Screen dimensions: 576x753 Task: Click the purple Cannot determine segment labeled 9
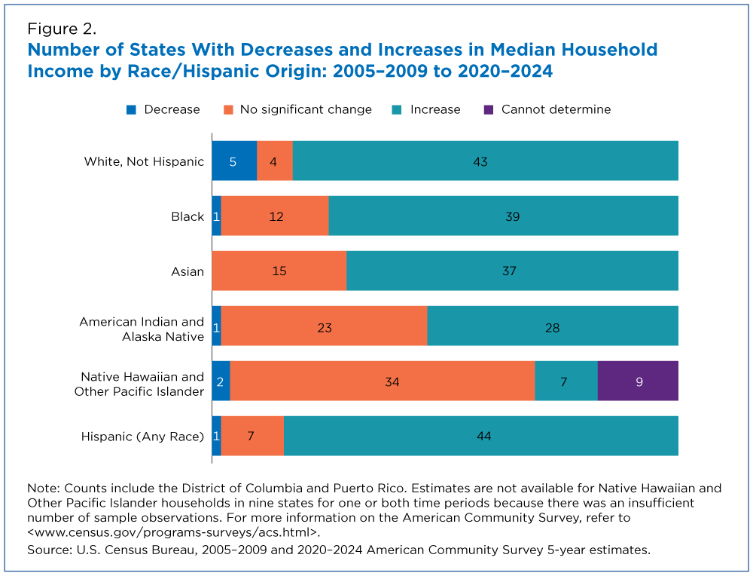[638, 381]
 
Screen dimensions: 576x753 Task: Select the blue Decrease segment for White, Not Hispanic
[233, 161]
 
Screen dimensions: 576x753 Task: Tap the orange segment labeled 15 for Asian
[279, 271]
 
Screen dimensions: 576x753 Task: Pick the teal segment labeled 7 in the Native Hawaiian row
[566, 381]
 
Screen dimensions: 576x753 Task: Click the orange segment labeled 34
[382, 381]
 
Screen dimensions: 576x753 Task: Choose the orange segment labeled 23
[324, 326]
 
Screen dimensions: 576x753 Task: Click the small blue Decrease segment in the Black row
[216, 216]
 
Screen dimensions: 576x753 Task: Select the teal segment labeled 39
[503, 216]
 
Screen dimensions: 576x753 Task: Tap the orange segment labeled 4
[274, 161]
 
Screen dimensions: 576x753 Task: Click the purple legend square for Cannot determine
[489, 109]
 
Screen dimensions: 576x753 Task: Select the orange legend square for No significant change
[227, 109]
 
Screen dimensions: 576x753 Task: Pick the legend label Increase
[434, 109]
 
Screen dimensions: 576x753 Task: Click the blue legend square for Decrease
[132, 109]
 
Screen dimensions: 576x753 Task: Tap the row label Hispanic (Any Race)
[142, 436]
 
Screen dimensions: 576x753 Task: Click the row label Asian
[187, 271]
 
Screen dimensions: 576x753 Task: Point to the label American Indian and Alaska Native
[142, 329]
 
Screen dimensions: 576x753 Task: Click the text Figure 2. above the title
[61, 29]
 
